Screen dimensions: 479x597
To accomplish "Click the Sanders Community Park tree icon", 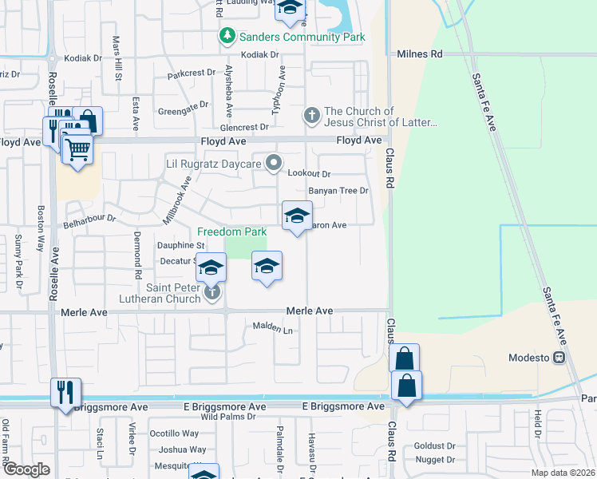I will pyautogui.click(x=228, y=37).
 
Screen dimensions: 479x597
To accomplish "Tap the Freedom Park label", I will pyautogui.click(x=232, y=232).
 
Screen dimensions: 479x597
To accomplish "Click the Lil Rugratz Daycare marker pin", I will pyautogui.click(x=274, y=164).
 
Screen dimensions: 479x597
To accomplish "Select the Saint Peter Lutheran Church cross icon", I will pyautogui.click(x=212, y=291).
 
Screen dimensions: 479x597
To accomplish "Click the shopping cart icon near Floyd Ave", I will pyautogui.click(x=77, y=148).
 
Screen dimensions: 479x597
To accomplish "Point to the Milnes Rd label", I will pyautogui.click(x=419, y=54).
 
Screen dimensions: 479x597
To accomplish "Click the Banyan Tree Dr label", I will pyautogui.click(x=338, y=191).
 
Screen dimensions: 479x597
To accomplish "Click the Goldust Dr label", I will pyautogui.click(x=434, y=446).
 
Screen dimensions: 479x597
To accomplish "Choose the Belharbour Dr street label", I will pyautogui.click(x=90, y=217).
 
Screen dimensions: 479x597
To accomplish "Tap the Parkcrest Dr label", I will pyautogui.click(x=192, y=73).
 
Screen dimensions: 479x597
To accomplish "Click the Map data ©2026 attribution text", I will pyautogui.click(x=563, y=473).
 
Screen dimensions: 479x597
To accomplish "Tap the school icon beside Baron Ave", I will pyautogui.click(x=297, y=216).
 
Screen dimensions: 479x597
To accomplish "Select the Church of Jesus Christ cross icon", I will pyautogui.click(x=311, y=117).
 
